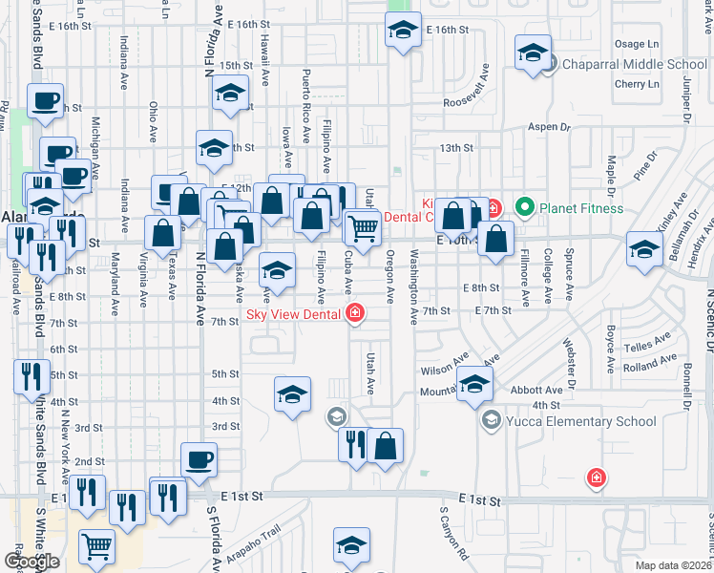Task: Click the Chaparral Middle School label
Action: click(x=634, y=64)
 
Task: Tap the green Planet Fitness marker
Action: click(x=523, y=206)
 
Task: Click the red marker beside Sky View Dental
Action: click(x=355, y=312)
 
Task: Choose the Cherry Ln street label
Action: click(x=639, y=84)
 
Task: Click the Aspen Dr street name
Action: click(x=549, y=126)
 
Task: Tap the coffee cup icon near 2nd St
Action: click(x=199, y=459)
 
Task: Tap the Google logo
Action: click(x=31, y=562)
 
